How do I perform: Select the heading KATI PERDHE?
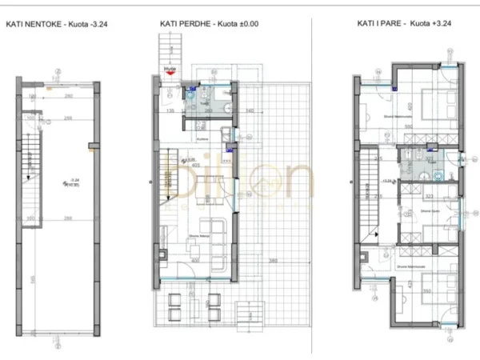pos(183,24)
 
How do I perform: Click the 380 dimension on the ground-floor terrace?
pos(274,261)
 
